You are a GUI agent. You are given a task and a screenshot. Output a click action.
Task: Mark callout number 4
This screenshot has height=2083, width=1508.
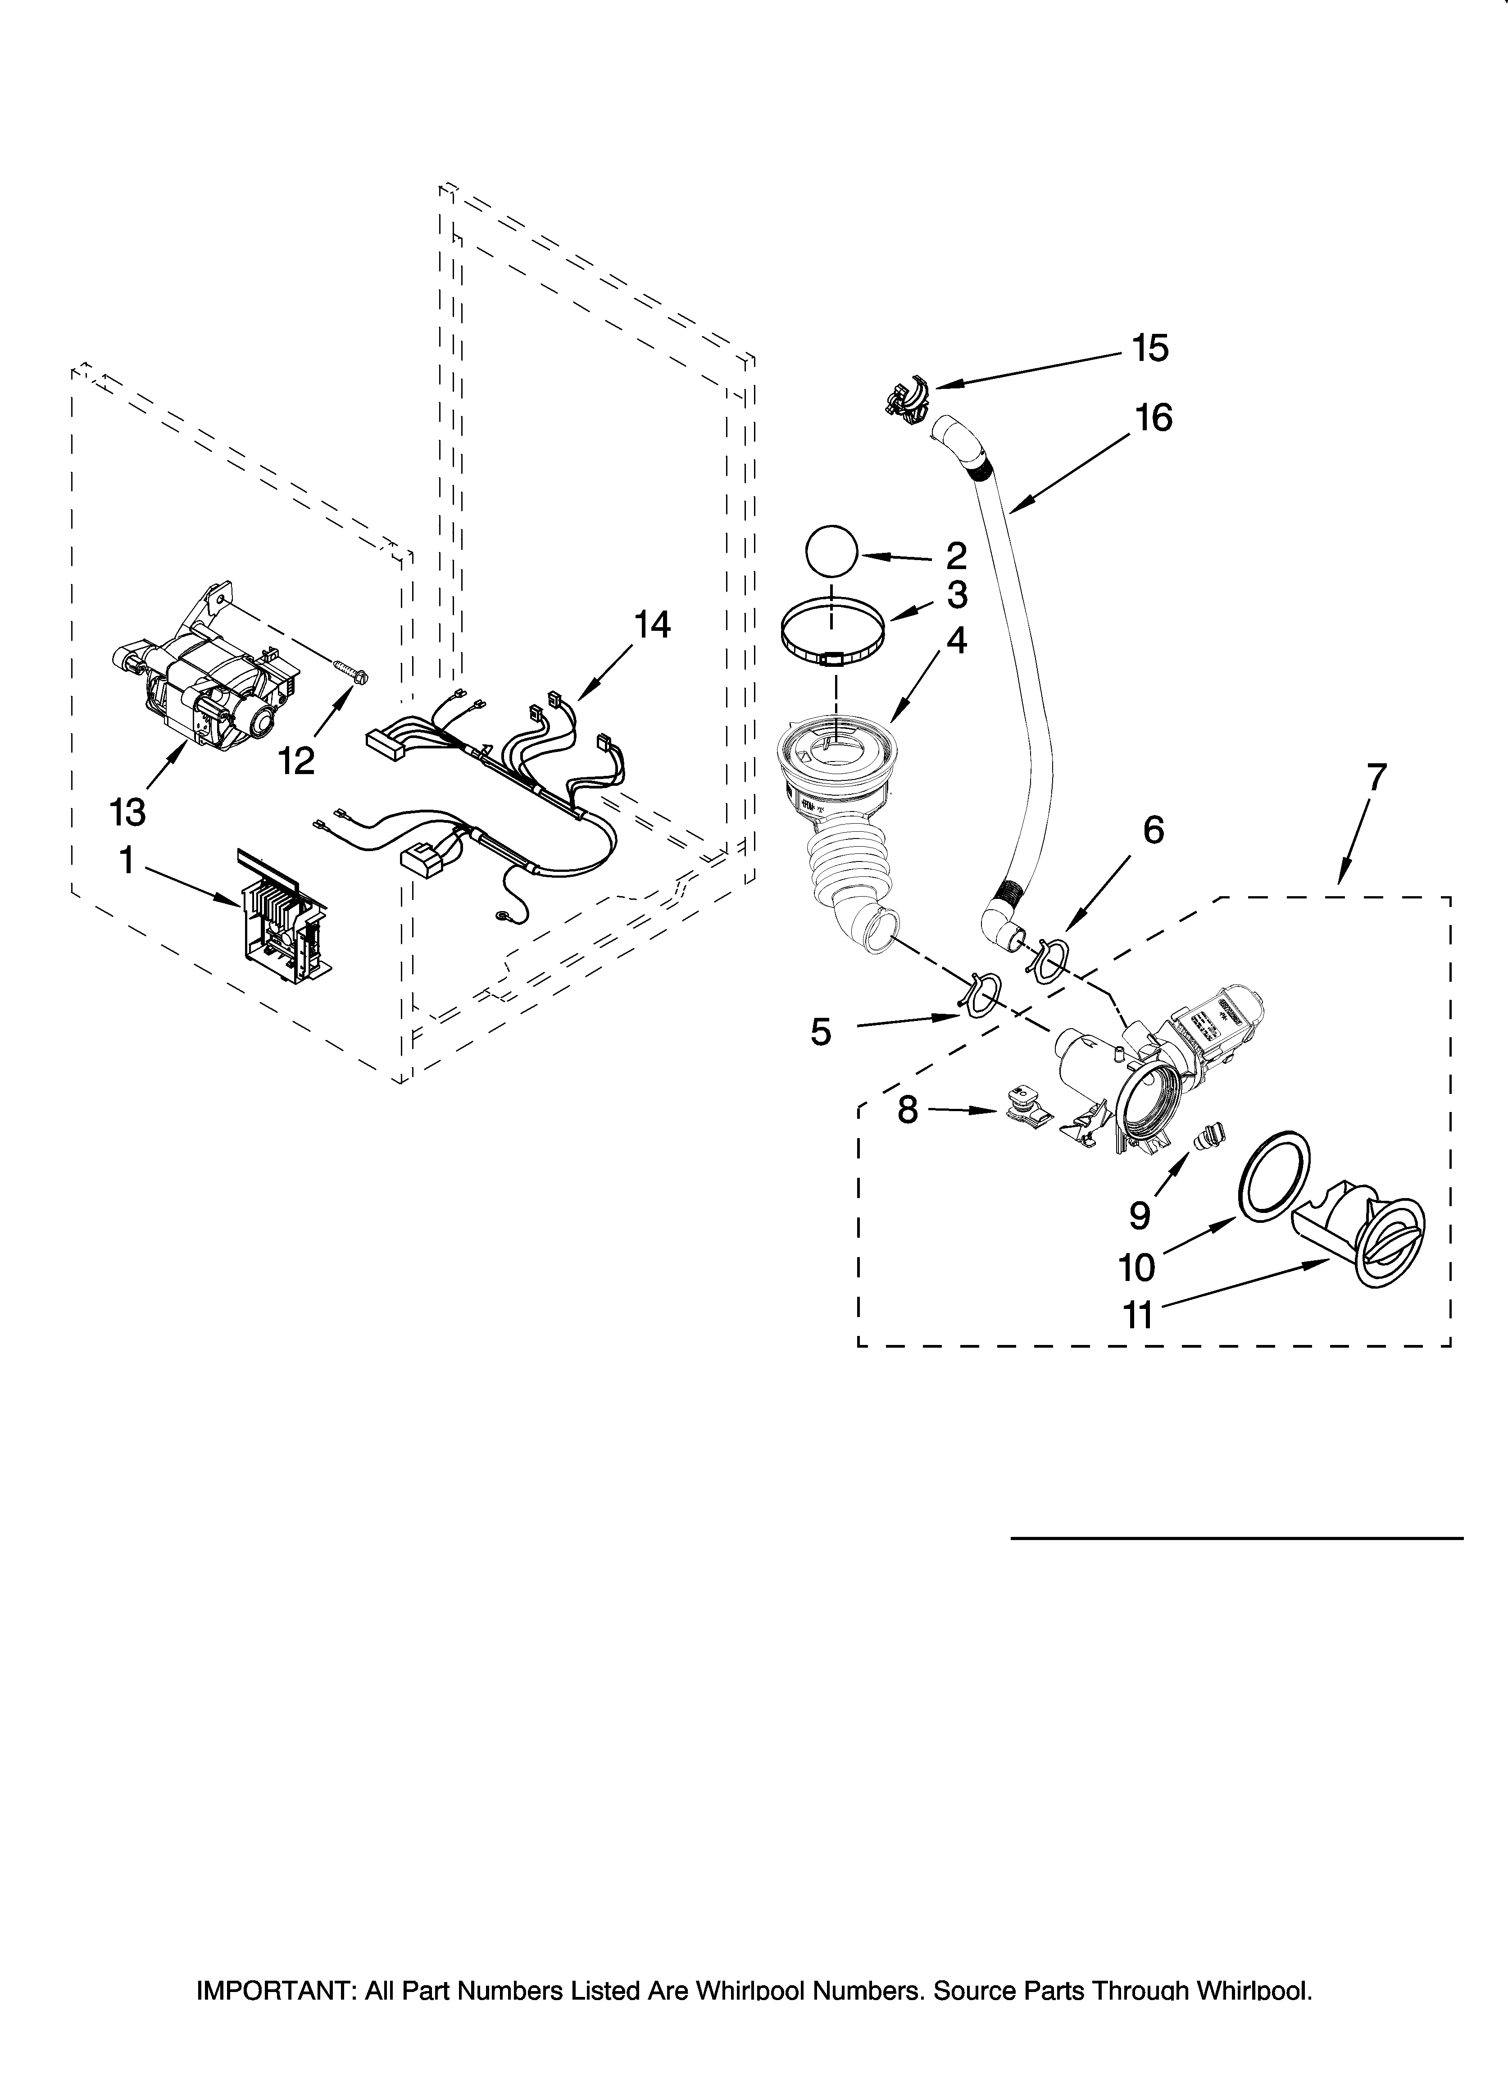956,642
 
